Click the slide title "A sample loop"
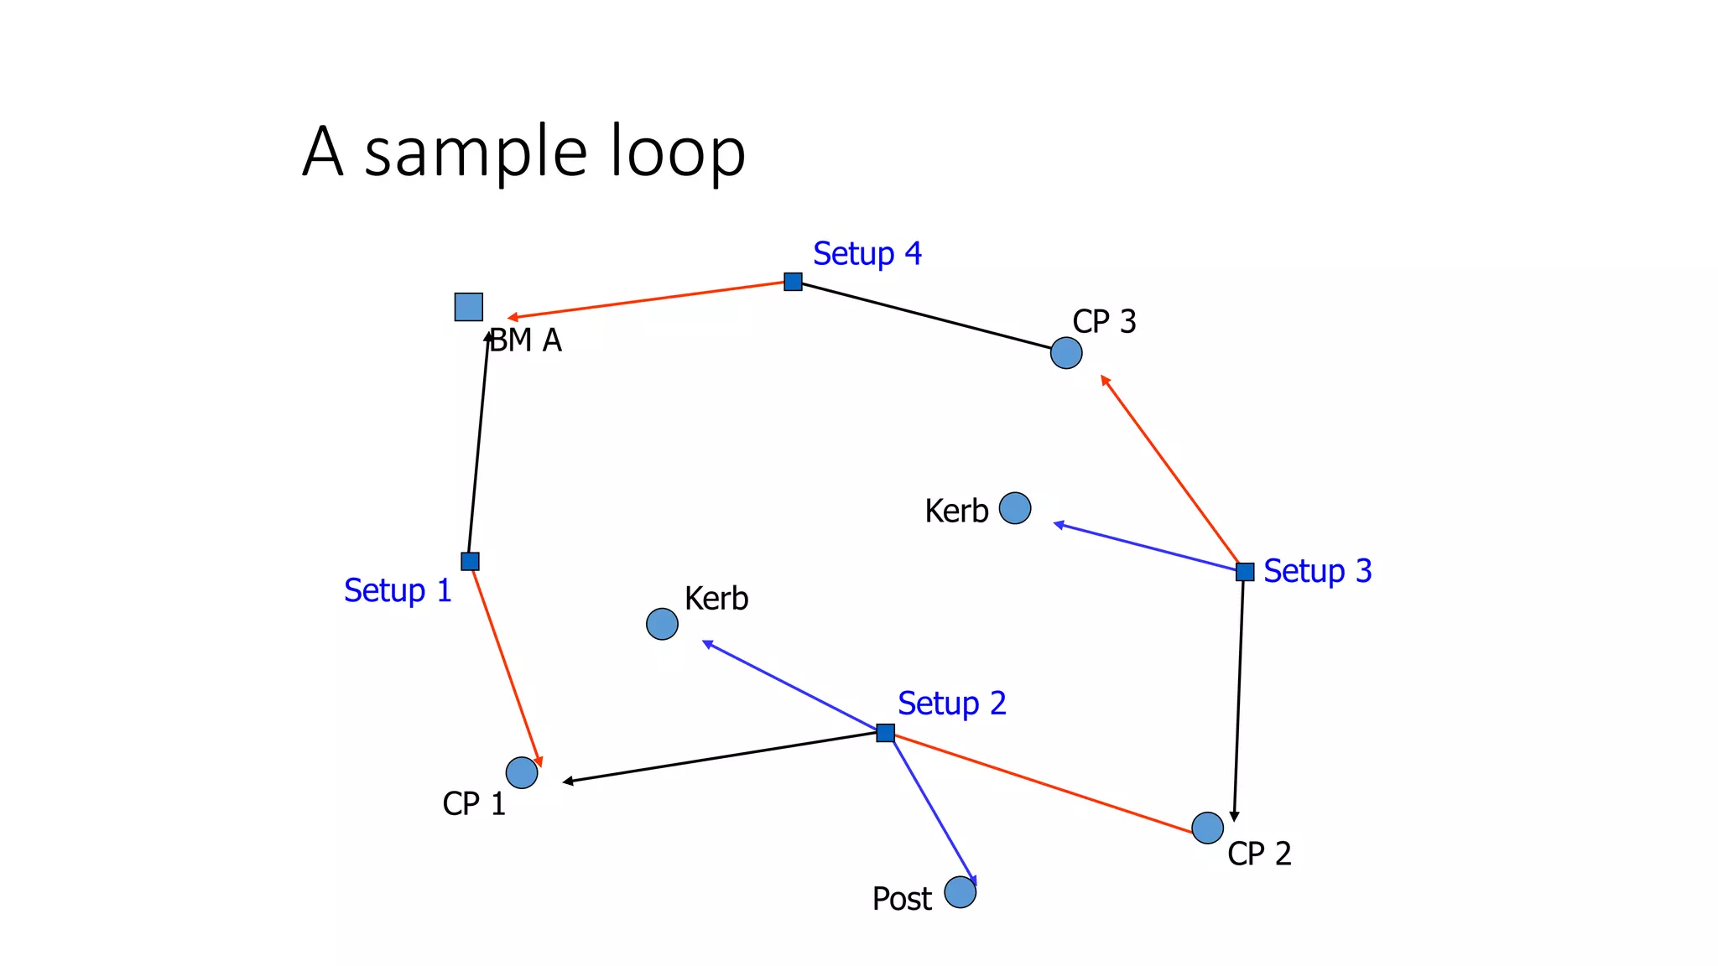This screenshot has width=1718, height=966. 523,152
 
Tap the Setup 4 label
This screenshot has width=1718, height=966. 867,253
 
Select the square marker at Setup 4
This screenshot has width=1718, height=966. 793,282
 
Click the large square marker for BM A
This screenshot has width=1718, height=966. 469,307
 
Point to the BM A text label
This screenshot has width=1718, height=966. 526,340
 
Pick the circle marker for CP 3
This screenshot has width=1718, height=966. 1066,353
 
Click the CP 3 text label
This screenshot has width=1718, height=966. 1104,321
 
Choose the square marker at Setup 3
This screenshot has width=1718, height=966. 1245,572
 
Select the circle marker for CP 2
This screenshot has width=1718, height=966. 1207,828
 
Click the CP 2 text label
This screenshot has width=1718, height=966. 1259,854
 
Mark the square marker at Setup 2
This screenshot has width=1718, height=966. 885,733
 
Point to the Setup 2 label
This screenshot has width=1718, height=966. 951,704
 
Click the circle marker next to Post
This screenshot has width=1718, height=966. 961,892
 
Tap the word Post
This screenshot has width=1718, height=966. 902,899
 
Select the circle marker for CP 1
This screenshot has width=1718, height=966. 522,772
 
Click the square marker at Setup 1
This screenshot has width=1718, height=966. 471,561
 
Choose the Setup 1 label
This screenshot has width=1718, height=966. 398,590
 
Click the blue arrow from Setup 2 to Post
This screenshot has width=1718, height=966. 931,810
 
